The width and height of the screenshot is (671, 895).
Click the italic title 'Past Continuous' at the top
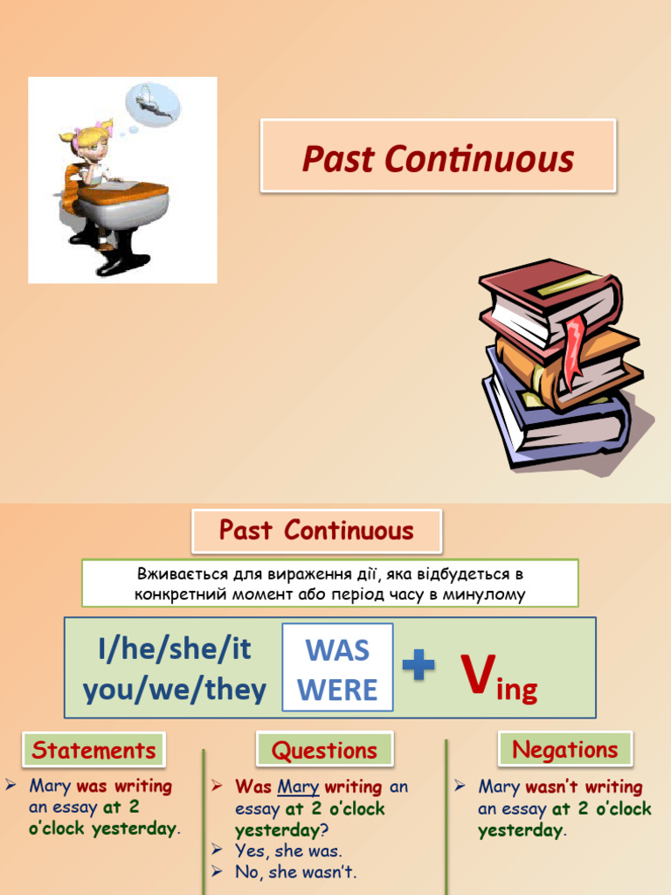(x=438, y=159)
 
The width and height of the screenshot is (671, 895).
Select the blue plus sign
(x=419, y=668)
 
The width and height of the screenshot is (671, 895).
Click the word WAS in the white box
(x=337, y=650)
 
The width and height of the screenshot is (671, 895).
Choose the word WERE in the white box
(x=337, y=690)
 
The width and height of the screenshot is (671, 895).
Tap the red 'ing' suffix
(x=516, y=690)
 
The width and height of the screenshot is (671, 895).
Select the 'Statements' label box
(x=93, y=750)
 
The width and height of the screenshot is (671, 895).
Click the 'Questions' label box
(x=324, y=750)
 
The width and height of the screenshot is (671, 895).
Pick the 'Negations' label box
(x=564, y=749)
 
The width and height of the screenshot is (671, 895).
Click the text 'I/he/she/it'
(x=175, y=649)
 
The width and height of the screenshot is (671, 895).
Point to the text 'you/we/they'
(x=175, y=690)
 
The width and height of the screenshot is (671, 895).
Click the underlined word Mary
(x=298, y=787)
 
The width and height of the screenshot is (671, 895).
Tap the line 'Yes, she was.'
(x=288, y=850)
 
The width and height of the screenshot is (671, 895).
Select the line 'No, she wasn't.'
(x=295, y=871)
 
